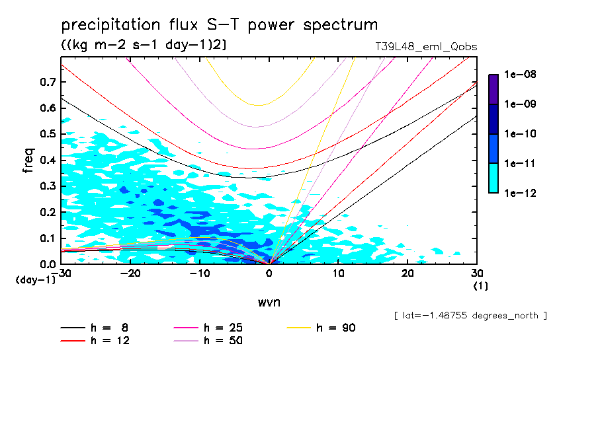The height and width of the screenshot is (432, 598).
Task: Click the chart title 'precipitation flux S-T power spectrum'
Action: (219, 25)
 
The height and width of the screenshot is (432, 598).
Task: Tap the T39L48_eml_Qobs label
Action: (425, 47)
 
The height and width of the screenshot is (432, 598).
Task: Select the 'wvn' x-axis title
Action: (268, 302)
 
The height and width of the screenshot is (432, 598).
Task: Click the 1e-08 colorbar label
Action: (519, 75)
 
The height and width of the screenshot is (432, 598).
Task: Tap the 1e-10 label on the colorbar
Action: (519, 133)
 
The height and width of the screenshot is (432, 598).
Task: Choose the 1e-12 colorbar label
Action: (519, 193)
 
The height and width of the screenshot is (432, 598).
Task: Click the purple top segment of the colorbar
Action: (493, 89)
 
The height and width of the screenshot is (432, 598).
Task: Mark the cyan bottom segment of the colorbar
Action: (493, 178)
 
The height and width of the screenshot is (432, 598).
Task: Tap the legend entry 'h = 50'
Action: (223, 341)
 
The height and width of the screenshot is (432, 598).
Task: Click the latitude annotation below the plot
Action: (470, 316)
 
